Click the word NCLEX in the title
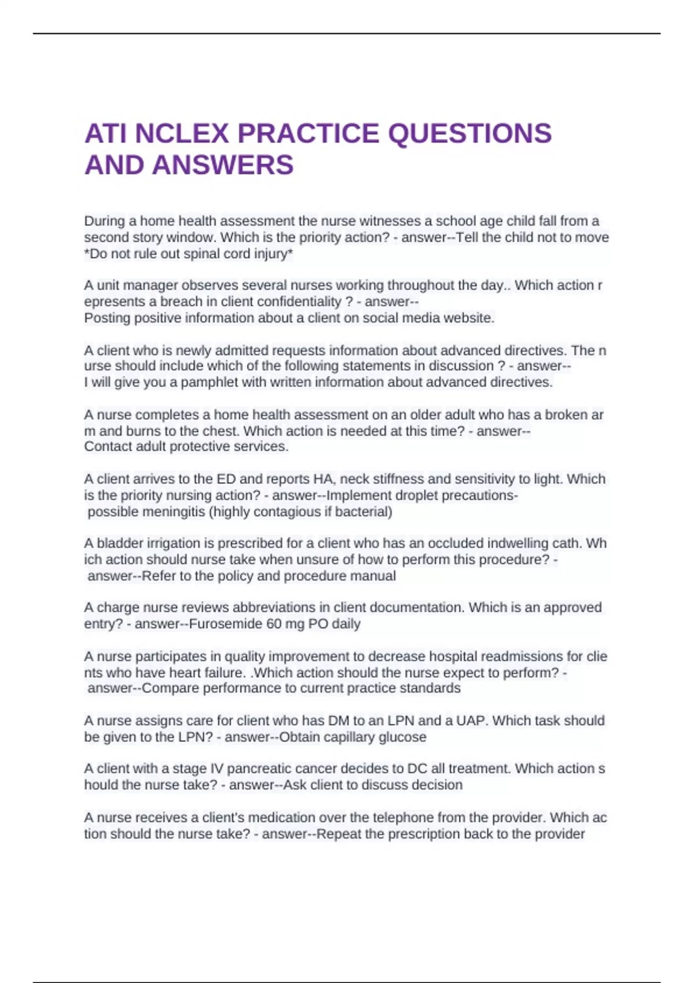click(x=182, y=134)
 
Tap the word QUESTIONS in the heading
click(x=470, y=134)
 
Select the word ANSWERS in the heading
click(x=223, y=165)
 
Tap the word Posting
click(x=107, y=318)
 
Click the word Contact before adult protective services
click(x=108, y=446)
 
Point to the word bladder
click(x=119, y=544)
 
